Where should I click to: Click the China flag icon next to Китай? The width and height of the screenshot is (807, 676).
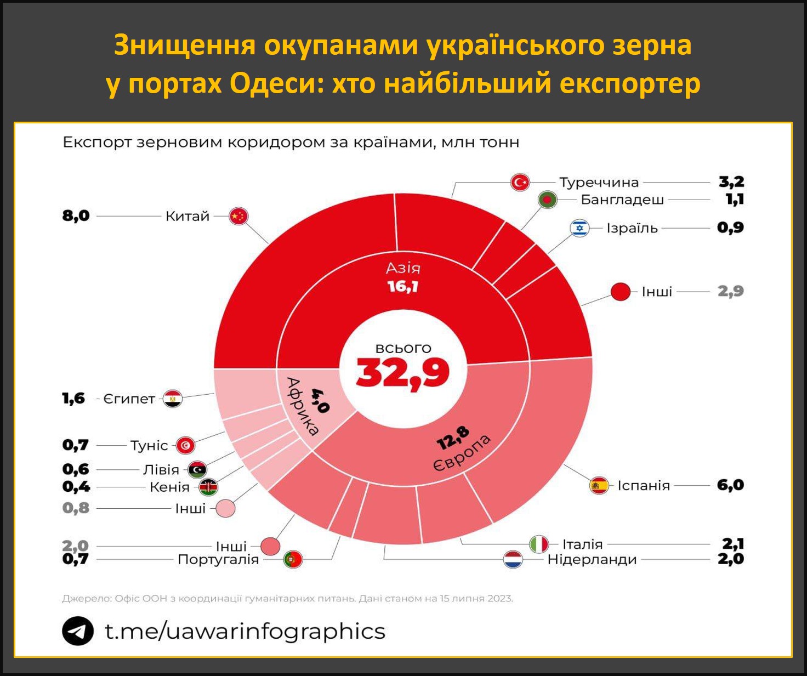coord(238,216)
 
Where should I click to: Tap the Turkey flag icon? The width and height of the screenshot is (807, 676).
coord(520,182)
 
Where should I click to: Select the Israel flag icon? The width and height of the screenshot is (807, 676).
coord(579,228)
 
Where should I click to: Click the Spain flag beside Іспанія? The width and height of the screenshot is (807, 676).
coord(599,485)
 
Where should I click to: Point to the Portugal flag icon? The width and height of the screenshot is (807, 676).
coord(293,560)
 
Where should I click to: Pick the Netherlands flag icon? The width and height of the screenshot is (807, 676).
coord(513,560)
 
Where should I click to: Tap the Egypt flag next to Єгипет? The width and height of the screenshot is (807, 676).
coord(173,399)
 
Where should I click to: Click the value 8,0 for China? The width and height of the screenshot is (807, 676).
coord(76,216)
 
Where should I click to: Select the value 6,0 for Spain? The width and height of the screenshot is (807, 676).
coord(730,485)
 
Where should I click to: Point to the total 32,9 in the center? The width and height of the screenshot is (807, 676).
coord(403,373)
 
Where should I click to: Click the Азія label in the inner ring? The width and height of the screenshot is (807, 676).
coord(403,268)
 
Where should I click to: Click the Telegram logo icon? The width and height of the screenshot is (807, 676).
coord(77,631)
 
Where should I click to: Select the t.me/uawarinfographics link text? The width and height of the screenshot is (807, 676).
coord(245,631)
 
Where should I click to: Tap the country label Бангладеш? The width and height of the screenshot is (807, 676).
coord(622,200)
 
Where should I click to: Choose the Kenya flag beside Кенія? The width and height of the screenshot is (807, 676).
coord(208,487)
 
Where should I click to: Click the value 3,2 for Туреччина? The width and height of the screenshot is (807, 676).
coord(731,182)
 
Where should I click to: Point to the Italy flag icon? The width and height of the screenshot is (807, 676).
coord(539,544)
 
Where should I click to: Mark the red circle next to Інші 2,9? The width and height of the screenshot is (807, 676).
coord(621,292)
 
